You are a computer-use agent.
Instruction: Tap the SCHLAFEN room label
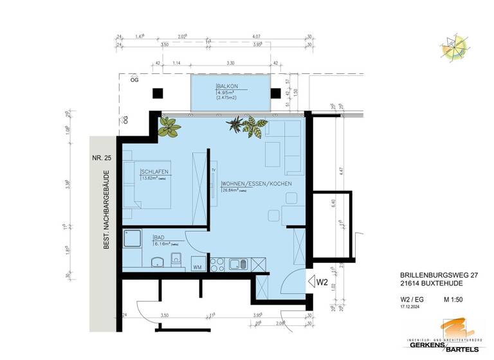(x=155, y=172)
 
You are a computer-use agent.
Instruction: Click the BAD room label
(x=160, y=237)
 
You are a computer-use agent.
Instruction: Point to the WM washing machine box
(x=197, y=265)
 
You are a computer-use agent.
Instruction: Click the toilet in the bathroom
(x=176, y=260)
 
